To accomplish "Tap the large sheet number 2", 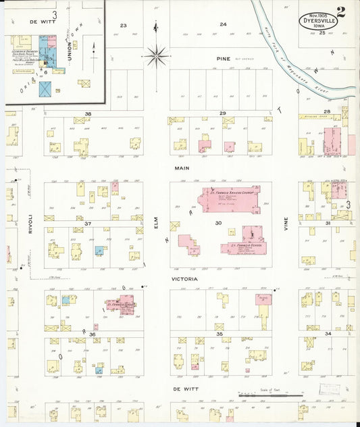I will [x=341, y=11].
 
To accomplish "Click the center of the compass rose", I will [x=157, y=54].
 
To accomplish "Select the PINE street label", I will [x=223, y=59].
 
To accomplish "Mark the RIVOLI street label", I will [x=30, y=224].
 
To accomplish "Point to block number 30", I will [x=217, y=222].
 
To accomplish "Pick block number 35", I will [x=219, y=334].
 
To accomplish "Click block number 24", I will [x=223, y=25].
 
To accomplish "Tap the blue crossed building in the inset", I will [x=45, y=89].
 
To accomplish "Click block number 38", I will [x=88, y=114].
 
